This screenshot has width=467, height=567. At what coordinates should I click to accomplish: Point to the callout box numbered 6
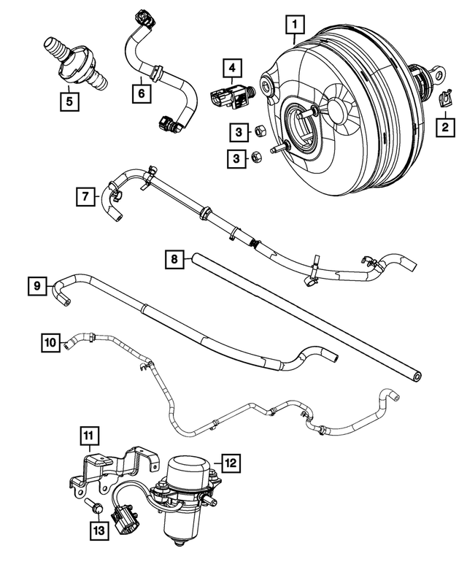click(x=141, y=93)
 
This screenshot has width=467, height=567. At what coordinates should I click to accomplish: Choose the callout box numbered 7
click(x=85, y=196)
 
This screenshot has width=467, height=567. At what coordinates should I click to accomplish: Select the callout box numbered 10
click(x=49, y=342)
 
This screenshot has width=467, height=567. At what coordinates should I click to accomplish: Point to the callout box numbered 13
click(x=99, y=529)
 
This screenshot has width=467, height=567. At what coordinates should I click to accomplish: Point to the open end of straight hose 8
click(x=417, y=375)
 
